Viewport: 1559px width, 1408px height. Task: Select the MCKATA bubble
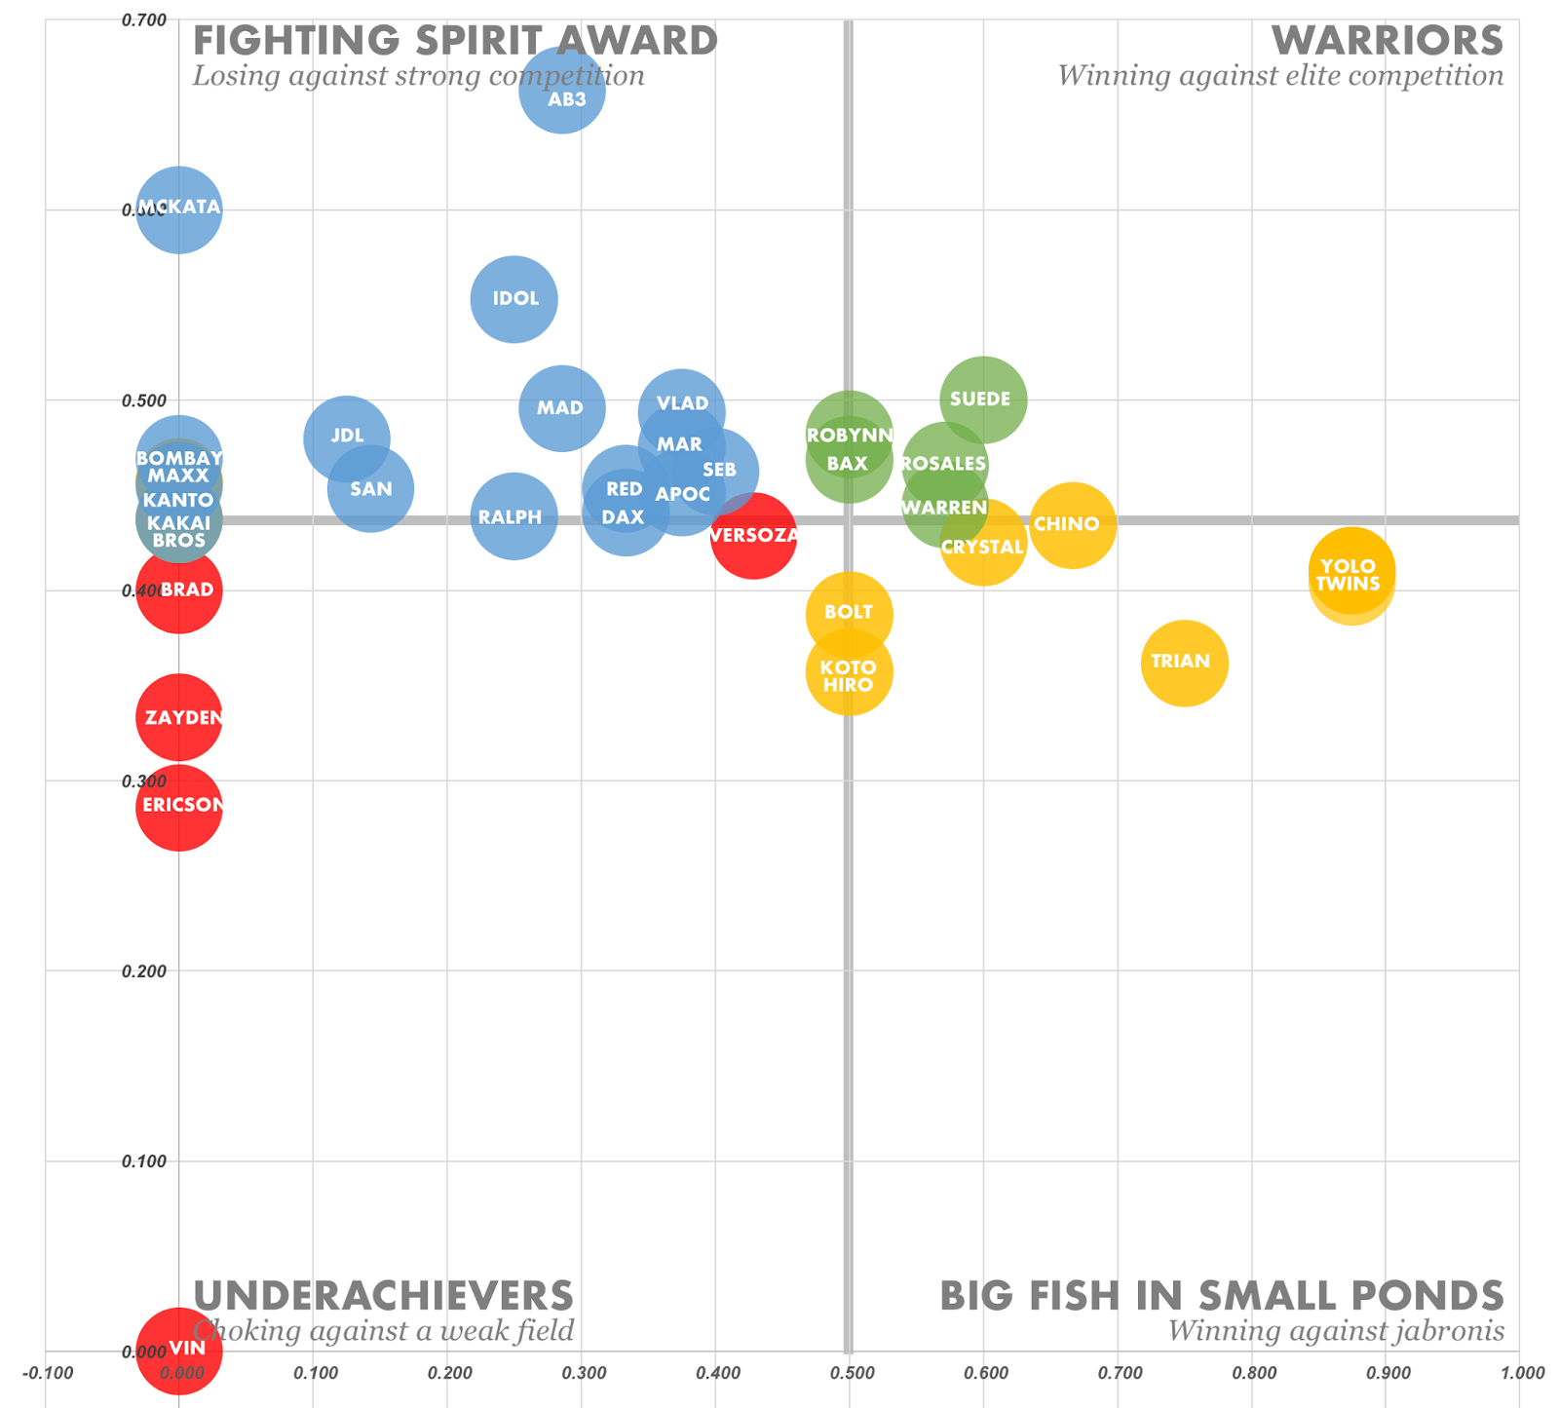point(178,209)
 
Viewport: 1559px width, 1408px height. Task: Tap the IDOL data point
point(513,299)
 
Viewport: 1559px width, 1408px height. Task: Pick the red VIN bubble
point(178,1351)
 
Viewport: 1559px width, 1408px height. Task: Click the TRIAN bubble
point(1184,663)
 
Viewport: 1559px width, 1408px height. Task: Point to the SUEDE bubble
point(983,400)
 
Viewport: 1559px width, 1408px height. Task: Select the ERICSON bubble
point(178,807)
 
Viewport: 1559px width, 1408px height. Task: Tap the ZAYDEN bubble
point(178,718)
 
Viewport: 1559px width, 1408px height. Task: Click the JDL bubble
point(346,438)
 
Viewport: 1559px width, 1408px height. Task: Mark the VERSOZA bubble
point(753,535)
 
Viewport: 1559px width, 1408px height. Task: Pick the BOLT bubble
point(849,614)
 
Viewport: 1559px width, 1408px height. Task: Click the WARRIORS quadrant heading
point(1388,41)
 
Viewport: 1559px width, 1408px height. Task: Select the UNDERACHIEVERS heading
point(383,1296)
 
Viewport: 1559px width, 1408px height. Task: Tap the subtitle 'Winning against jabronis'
point(1336,1331)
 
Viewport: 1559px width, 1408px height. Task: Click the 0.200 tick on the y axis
point(144,971)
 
